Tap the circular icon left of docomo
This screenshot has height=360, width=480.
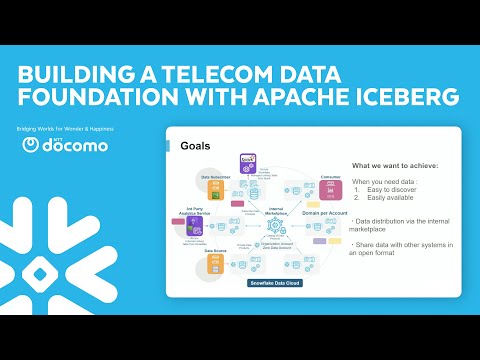pos(31,145)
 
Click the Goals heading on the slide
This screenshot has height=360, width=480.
pos(195,147)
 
